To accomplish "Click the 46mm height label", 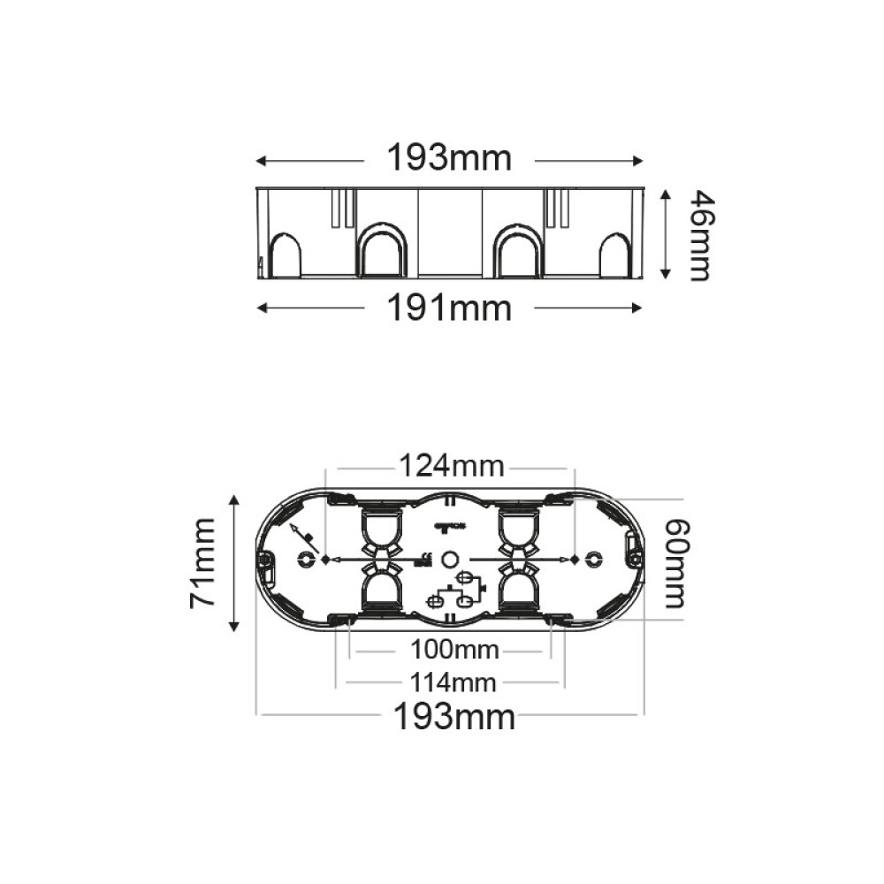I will click(x=698, y=234).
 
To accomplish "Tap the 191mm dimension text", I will click(x=449, y=309).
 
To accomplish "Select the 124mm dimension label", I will click(x=451, y=464).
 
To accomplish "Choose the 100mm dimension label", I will click(x=454, y=652).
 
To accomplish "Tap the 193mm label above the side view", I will click(x=449, y=159).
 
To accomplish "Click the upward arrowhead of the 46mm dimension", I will click(x=666, y=194).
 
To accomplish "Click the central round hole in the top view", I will click(x=449, y=559).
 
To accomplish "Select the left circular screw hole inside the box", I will click(x=307, y=559).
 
